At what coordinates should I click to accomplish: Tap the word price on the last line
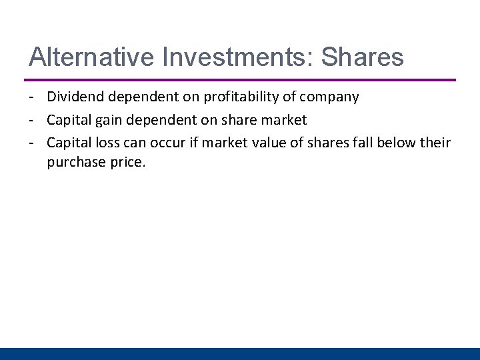(126, 162)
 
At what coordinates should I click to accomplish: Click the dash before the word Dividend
(32, 97)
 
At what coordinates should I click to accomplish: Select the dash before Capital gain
(32, 121)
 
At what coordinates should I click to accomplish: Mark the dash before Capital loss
(32, 143)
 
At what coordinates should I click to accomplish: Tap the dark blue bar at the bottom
(240, 353)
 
